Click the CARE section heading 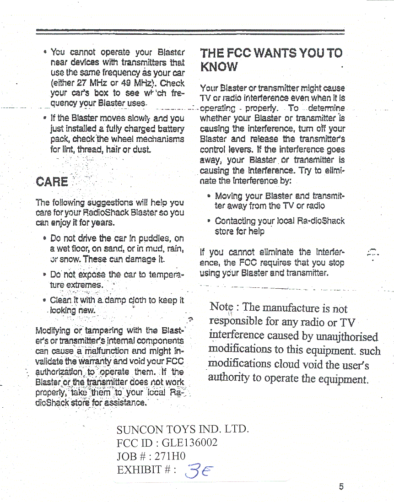(x=52, y=181)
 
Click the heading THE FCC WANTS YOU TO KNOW (x=271, y=59)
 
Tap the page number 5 (x=341, y=486)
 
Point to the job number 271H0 (x=170, y=456)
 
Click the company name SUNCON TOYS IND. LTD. (x=183, y=429)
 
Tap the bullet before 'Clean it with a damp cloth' (x=43, y=301)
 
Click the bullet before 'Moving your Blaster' (x=208, y=196)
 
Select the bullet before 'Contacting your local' (x=208, y=221)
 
